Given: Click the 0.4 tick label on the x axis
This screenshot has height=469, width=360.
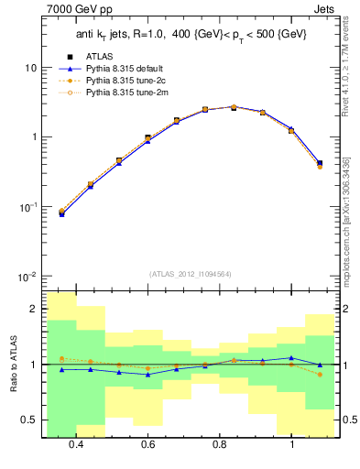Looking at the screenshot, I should [x=76, y=444].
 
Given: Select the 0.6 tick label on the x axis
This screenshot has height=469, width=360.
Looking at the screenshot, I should [x=147, y=444].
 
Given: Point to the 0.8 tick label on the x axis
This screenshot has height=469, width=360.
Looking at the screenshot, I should [x=220, y=444].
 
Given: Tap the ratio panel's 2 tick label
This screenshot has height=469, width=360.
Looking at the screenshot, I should [x=33, y=310].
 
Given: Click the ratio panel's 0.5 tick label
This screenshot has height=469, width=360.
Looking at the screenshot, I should [x=30, y=420].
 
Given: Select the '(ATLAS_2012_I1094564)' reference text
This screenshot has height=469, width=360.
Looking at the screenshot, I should [x=189, y=272].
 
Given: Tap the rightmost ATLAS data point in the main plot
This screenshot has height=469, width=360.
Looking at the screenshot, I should [x=320, y=163].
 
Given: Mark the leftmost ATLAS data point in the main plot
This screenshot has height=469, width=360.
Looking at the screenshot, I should [x=61, y=213].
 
